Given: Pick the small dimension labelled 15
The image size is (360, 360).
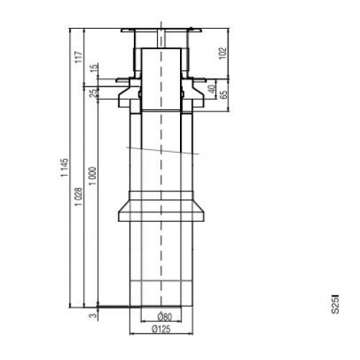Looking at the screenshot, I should [x=94, y=69].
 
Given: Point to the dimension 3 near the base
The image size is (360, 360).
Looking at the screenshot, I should [x=93, y=314].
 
